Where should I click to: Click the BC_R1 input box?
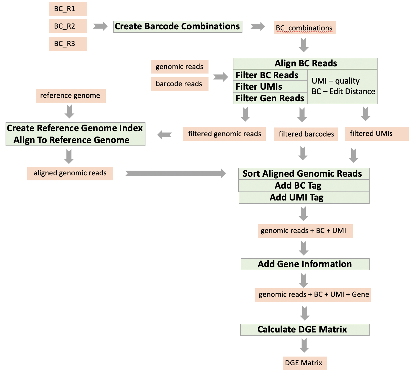coord(68,9)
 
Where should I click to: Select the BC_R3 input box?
coord(68,44)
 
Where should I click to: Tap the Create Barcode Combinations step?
coord(178,26)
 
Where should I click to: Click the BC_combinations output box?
coord(305,28)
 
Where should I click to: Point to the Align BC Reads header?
coord(305,63)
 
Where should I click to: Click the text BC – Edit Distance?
coord(343,92)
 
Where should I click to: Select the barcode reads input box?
coord(179,84)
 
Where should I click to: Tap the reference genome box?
coord(70,95)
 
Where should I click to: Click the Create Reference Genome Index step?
coord(75,128)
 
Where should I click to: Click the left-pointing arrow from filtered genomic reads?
coord(164,135)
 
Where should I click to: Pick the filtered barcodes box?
coord(306,134)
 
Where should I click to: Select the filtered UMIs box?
coord(376,134)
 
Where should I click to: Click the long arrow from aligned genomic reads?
coord(175,173)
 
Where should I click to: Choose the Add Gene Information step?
coord(305,264)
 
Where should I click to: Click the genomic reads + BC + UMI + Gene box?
coord(313,295)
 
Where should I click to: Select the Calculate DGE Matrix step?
coord(305,330)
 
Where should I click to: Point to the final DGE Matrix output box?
coord(305,363)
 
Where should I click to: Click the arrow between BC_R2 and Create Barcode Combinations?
coord(100,26)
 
